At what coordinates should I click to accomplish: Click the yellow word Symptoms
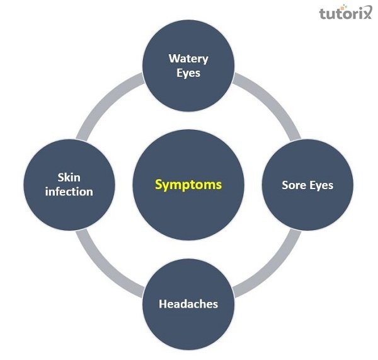188,185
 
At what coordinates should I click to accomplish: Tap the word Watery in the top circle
188,59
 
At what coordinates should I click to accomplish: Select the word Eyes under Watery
188,73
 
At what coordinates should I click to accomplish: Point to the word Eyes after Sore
320,185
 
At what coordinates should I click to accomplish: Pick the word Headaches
188,303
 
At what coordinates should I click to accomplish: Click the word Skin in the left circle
69,178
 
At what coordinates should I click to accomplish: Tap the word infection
69,191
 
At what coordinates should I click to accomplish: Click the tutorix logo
346,13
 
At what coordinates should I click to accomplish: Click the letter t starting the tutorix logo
323,13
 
